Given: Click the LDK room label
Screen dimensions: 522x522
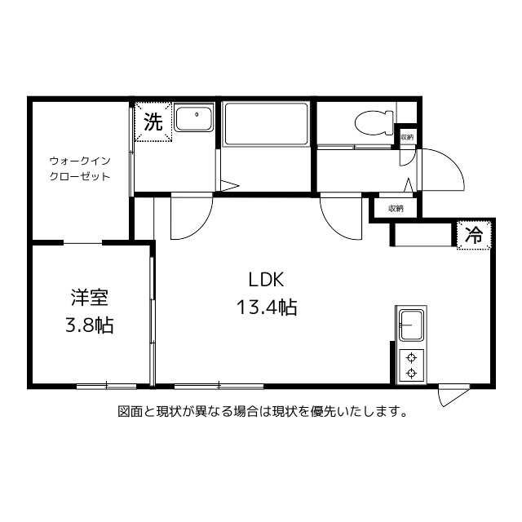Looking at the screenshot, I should click(x=266, y=280).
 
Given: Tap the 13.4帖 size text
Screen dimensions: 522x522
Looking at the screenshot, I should click(x=266, y=308).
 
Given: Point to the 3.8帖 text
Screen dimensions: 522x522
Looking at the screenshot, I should click(x=89, y=325).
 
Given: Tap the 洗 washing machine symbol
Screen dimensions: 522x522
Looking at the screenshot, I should click(x=153, y=122).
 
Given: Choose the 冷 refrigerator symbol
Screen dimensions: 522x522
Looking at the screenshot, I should click(x=473, y=236).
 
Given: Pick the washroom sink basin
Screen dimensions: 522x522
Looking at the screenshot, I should click(x=194, y=121).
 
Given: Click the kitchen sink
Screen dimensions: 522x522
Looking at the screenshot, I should click(x=411, y=326).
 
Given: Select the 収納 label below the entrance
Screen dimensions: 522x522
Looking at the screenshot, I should click(x=396, y=209).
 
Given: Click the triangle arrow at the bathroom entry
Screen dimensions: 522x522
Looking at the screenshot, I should click(x=229, y=186).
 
